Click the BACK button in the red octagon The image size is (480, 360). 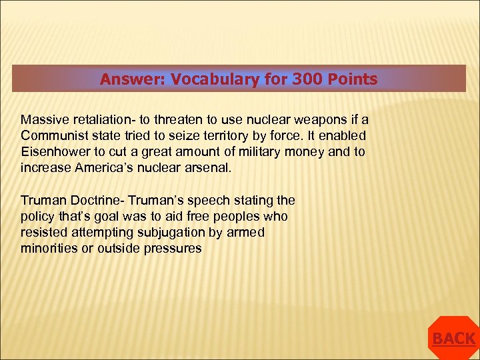coord(453,339)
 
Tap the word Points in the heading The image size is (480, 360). coord(352,79)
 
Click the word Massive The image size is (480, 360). coord(42,119)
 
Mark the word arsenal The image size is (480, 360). coord(207,167)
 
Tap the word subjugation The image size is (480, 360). coord(169,232)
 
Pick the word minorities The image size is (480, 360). coord(48,248)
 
